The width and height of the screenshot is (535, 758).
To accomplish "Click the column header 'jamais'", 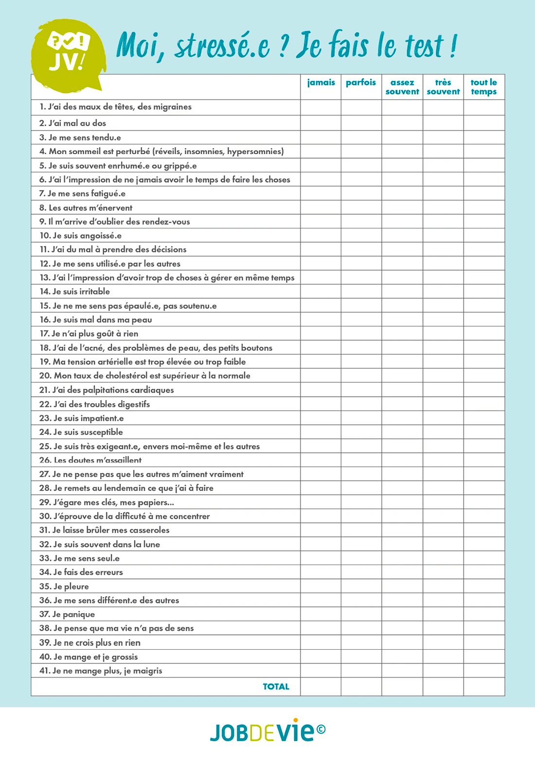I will point(321,83).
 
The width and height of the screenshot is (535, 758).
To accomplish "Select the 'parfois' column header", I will point(361,83).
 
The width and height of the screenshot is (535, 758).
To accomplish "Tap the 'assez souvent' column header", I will point(402,87).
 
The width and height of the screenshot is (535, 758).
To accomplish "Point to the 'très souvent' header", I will point(443,87).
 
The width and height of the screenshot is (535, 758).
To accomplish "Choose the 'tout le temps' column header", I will point(484,87).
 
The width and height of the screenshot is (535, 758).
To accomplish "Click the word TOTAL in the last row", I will point(276,687).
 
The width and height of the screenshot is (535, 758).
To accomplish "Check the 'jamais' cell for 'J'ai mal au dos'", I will point(321,123).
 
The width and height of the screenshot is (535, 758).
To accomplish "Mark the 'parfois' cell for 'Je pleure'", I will point(361,586).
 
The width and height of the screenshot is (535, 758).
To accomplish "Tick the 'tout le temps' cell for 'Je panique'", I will point(484,614).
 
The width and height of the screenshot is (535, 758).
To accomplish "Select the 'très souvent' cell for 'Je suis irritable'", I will point(443,292).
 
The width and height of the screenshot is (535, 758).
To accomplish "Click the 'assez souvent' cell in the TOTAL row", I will point(402,687).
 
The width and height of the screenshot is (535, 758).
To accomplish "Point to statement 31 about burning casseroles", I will point(105,530).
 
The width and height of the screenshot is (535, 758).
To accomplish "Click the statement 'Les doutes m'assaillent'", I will point(90,460).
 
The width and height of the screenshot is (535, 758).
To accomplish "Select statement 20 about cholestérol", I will point(145,376).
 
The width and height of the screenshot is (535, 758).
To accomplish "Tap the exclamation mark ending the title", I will point(453,46).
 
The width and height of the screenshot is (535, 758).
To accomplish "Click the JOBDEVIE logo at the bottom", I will point(263,731).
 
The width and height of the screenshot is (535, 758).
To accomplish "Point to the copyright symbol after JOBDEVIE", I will point(321,729).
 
